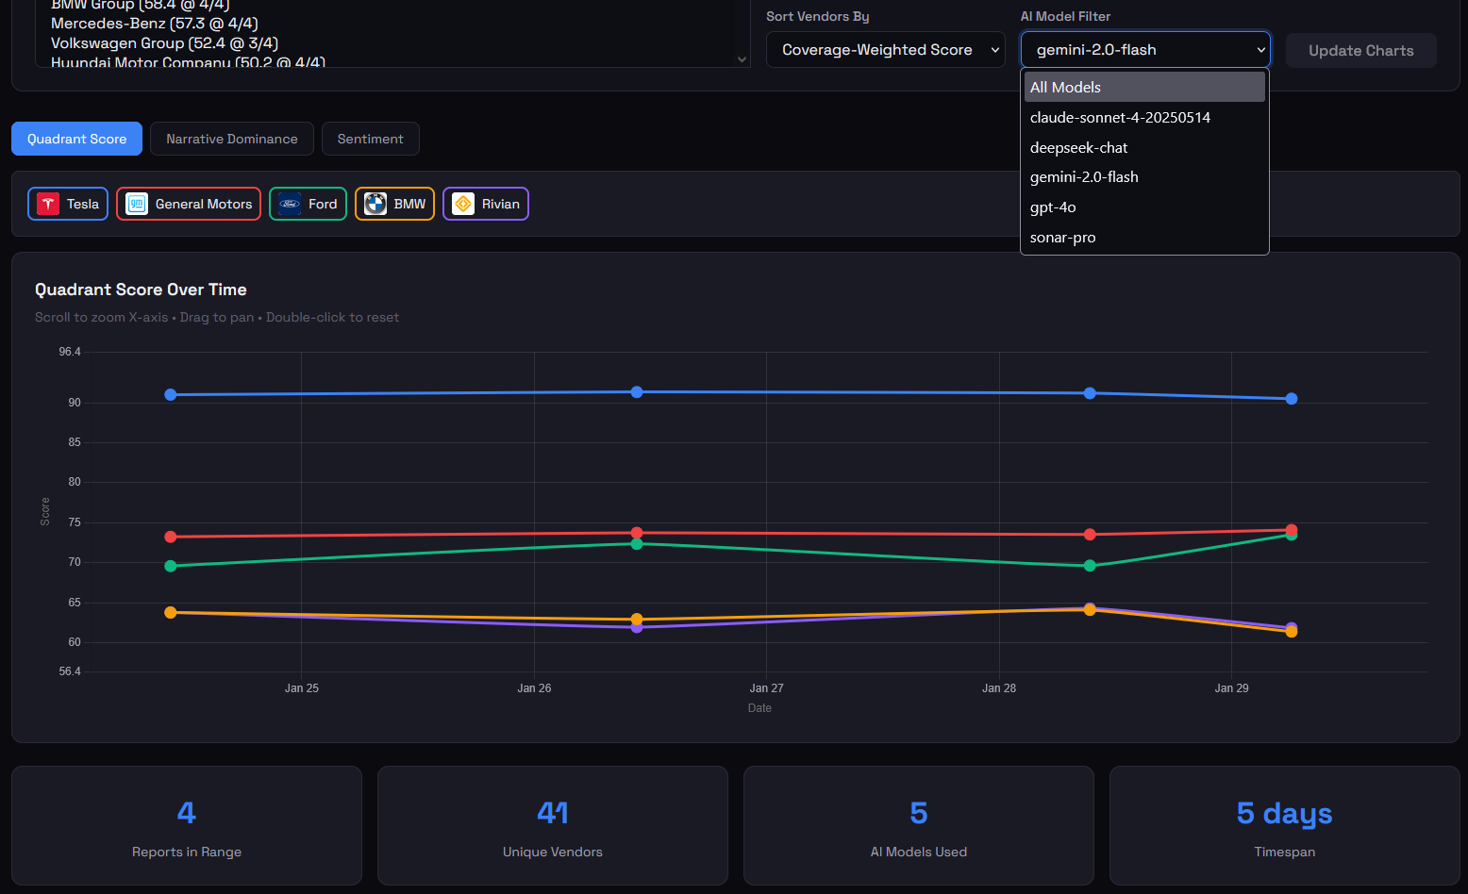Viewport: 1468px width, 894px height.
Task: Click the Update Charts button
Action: [x=1360, y=51]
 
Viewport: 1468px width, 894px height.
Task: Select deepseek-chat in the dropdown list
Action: [x=1078, y=147]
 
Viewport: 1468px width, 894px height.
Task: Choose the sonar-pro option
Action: [x=1062, y=238]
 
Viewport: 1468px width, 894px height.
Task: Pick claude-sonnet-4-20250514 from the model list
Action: [x=1120, y=118]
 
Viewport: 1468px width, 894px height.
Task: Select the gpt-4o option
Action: [x=1053, y=207]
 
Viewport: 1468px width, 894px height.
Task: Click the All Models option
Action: [x=1065, y=88]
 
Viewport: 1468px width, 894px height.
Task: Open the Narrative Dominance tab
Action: [x=231, y=139]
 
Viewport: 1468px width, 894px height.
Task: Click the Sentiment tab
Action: [x=370, y=139]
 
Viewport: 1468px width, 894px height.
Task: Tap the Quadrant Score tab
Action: [x=76, y=139]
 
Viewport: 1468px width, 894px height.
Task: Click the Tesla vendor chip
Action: [x=68, y=204]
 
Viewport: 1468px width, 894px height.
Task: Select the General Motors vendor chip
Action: [x=189, y=204]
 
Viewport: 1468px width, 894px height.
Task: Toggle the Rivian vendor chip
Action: [x=486, y=204]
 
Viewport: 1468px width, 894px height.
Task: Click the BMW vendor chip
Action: [x=394, y=204]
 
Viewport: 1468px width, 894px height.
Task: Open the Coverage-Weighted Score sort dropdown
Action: [x=885, y=50]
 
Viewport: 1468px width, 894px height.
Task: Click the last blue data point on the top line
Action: [x=1292, y=399]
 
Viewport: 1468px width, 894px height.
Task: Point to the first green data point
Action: [x=171, y=566]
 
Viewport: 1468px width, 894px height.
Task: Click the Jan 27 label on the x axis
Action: [x=766, y=688]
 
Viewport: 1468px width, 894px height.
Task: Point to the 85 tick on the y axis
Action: [x=75, y=442]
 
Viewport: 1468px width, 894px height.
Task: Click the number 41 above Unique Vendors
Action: [x=553, y=813]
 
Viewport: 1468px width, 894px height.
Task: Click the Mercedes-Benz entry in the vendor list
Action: [x=154, y=24]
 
